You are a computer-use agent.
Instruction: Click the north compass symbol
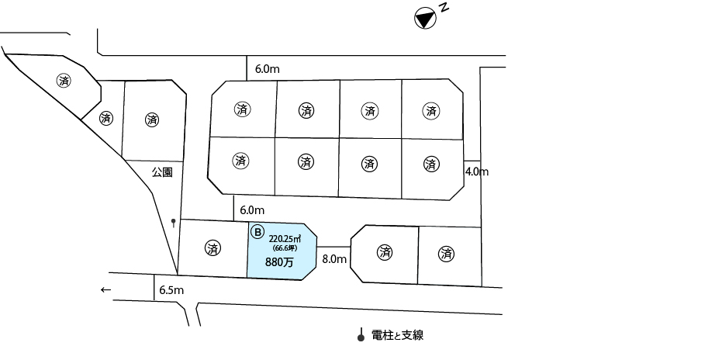tap(423, 19)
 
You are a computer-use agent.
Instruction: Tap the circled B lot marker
tap(258, 230)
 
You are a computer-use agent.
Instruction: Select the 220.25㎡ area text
tap(284, 238)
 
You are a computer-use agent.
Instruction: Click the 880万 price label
tap(280, 262)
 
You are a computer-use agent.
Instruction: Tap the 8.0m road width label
tap(333, 258)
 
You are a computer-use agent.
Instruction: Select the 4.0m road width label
tap(476, 171)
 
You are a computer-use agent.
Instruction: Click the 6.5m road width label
tap(171, 290)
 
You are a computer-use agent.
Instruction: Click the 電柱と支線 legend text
tap(398, 335)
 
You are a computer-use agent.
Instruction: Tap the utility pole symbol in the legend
tap(360, 336)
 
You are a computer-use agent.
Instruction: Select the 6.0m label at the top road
tap(267, 69)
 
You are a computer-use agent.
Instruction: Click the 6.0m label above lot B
tap(252, 209)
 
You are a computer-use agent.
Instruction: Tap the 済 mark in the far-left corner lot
tap(64, 80)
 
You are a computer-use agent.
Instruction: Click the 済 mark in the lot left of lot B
tap(213, 249)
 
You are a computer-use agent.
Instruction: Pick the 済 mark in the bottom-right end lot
tap(446, 253)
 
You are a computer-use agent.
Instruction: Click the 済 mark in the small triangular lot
tap(106, 119)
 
